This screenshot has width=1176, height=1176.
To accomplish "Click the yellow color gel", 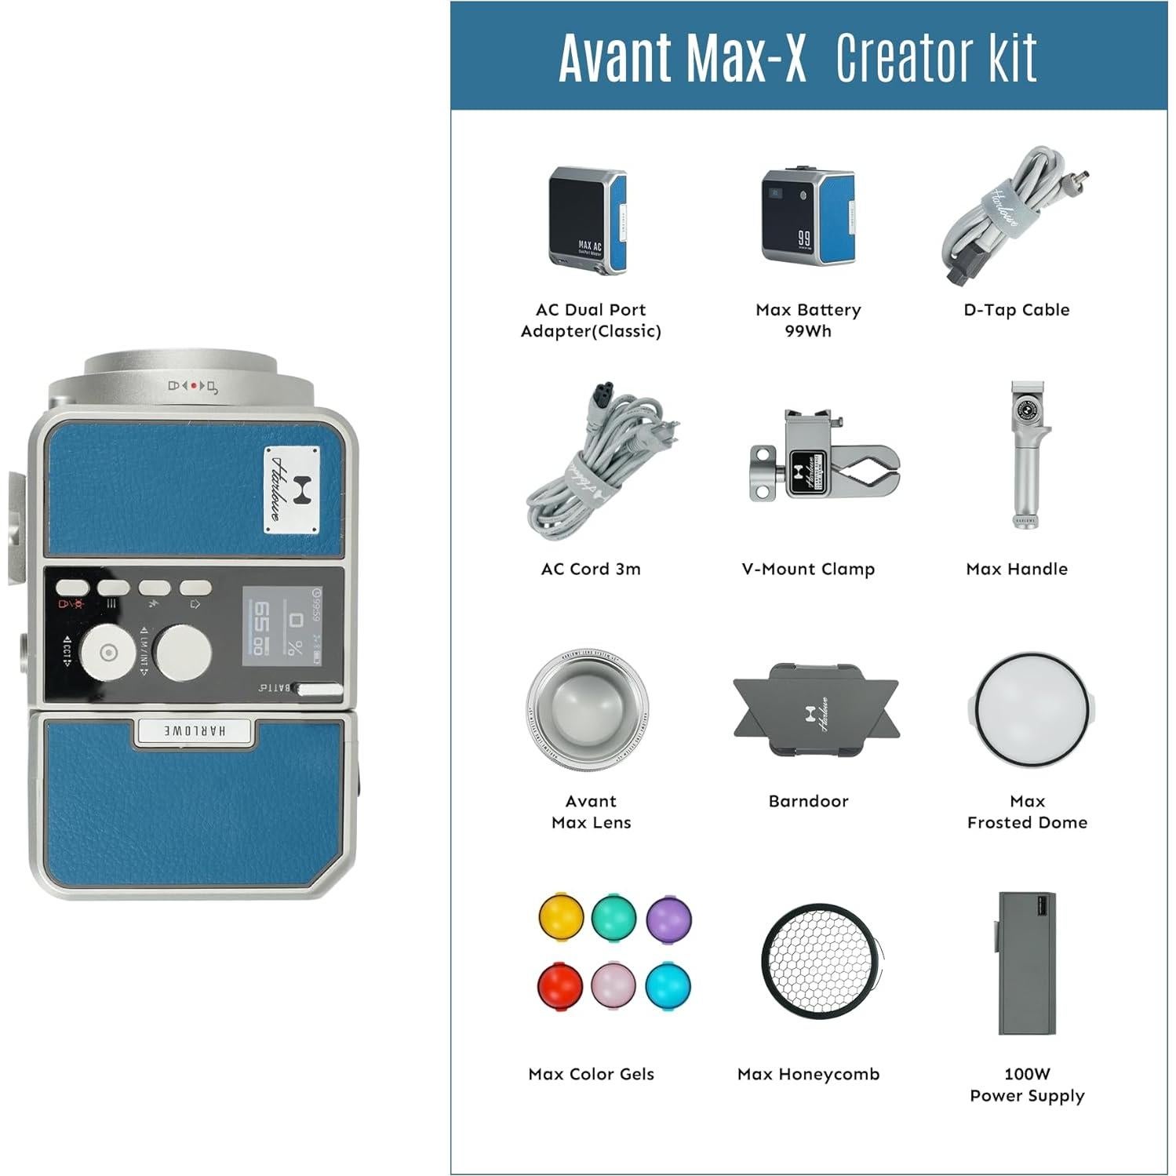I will click(x=561, y=916).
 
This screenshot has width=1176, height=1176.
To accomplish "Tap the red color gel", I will click(x=559, y=985).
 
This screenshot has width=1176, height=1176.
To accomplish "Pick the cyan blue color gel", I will click(x=668, y=984).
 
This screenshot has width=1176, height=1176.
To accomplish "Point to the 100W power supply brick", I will click(x=1026, y=963).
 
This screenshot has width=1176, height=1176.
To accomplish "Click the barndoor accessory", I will click(x=815, y=709).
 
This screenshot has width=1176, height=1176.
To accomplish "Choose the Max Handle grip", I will click(x=1024, y=456).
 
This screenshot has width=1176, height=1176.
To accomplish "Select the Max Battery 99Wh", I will click(x=807, y=217).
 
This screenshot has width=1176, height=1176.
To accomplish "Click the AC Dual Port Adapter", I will click(x=588, y=220).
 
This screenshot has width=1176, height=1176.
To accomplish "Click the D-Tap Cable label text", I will click(x=1016, y=310).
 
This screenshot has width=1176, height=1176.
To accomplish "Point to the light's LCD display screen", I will click(x=282, y=625).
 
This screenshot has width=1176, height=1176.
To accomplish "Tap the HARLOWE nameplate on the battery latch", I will click(x=195, y=730).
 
